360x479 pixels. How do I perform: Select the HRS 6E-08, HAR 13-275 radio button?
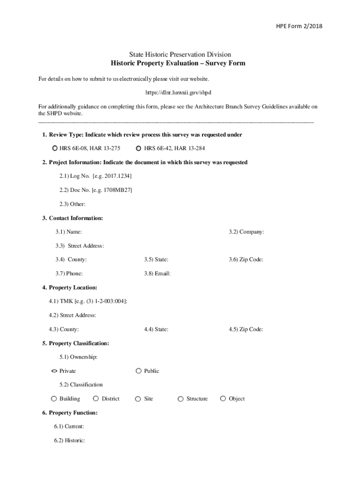point(55,149)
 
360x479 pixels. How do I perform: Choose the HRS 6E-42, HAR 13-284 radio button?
point(138,149)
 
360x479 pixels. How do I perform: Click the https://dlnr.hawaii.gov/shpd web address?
point(180,93)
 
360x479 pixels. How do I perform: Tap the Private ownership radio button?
point(54,371)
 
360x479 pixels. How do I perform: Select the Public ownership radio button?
point(138,371)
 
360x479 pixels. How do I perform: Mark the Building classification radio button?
point(54,399)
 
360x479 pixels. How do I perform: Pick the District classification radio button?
point(96,399)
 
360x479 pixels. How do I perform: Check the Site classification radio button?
point(138,399)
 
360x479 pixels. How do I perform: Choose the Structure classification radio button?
point(180,399)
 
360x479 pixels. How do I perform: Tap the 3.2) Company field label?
point(246,232)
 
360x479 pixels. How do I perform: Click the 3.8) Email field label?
point(157,274)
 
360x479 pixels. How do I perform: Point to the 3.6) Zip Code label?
point(246,260)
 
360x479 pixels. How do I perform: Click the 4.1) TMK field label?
point(88,301)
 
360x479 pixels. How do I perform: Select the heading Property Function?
point(70,413)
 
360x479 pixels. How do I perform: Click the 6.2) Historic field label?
point(69,440)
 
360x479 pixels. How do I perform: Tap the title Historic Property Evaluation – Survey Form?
point(178,63)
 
